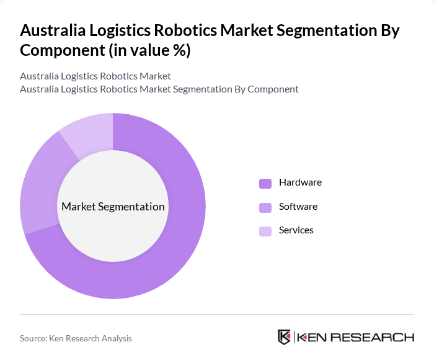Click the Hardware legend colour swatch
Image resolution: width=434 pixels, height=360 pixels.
click(x=265, y=183)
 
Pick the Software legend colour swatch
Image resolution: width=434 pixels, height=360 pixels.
click(x=265, y=207)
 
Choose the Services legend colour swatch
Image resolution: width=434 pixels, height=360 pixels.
click(x=265, y=231)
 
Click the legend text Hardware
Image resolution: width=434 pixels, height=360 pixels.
click(x=300, y=182)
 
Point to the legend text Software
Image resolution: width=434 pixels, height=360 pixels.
click(x=298, y=206)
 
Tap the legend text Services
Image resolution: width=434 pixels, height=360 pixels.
click(x=296, y=230)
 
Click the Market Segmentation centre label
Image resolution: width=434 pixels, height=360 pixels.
click(x=113, y=207)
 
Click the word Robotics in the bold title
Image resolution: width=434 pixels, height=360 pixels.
click(x=185, y=30)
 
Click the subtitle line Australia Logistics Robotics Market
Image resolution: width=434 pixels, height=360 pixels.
click(x=95, y=76)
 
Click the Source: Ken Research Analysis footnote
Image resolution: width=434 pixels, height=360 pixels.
click(x=76, y=338)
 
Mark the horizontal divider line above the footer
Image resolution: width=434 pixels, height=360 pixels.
click(x=217, y=314)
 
